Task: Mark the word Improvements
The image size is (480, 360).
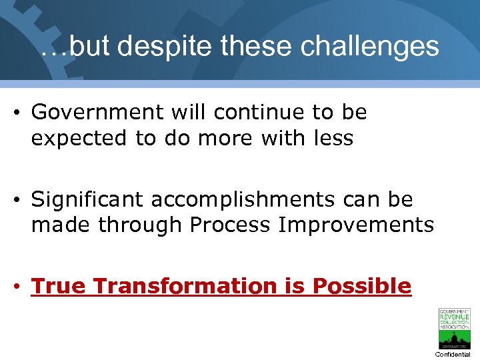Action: (x=356, y=225)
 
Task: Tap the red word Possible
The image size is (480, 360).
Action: (x=362, y=286)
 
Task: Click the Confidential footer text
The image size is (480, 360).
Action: (x=453, y=354)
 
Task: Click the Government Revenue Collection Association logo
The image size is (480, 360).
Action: (x=453, y=329)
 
